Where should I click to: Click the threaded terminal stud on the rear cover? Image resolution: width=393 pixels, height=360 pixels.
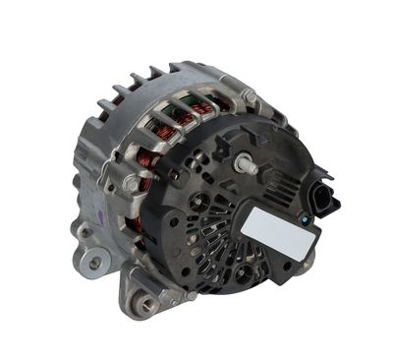245,164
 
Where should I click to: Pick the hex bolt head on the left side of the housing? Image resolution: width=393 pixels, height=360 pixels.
131,183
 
